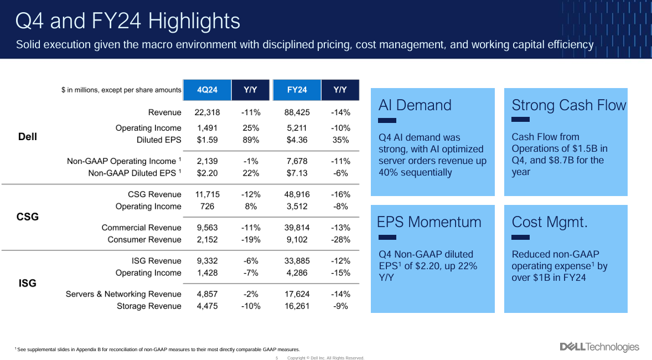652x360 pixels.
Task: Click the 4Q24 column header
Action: pyautogui.click(x=207, y=90)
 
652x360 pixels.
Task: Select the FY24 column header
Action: pyautogui.click(x=297, y=90)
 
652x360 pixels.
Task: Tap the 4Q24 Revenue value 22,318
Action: pyautogui.click(x=208, y=112)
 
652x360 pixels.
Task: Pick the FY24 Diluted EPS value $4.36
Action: pyautogui.click(x=297, y=140)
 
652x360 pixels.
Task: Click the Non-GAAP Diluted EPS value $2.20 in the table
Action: pyautogui.click(x=208, y=173)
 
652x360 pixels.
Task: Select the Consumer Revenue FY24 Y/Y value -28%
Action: pyautogui.click(x=340, y=240)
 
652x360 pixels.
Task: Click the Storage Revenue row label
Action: pyautogui.click(x=149, y=306)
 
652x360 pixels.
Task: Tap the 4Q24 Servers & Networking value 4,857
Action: pyautogui.click(x=208, y=294)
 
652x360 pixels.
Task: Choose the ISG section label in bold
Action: pyautogui.click(x=27, y=284)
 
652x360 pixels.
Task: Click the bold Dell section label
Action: pyautogui.click(x=27, y=137)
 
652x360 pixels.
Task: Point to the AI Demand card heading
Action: pyautogui.click(x=415, y=105)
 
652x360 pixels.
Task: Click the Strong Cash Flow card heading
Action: pyautogui.click(x=569, y=105)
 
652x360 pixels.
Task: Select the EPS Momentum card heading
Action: pyautogui.click(x=429, y=222)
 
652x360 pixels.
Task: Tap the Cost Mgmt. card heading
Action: pyautogui.click(x=550, y=222)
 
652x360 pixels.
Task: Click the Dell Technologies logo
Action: pyautogui.click(x=599, y=347)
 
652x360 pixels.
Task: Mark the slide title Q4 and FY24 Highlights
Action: pyautogui.click(x=128, y=22)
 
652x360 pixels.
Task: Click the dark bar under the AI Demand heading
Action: pyautogui.click(x=387, y=120)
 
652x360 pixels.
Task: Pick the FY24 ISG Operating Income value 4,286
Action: pyautogui.click(x=297, y=273)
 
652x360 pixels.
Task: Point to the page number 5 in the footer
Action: pyautogui.click(x=277, y=358)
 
